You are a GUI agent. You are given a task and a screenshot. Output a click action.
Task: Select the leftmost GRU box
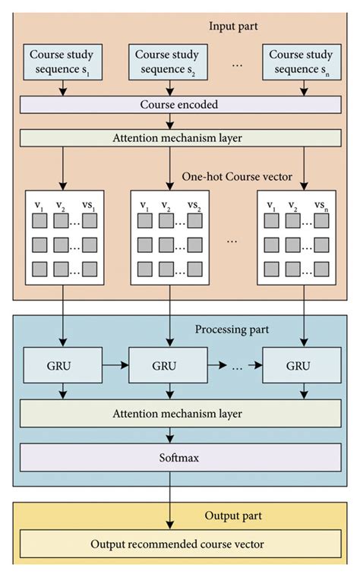(63, 366)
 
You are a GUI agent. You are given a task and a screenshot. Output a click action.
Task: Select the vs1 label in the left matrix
(90, 206)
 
